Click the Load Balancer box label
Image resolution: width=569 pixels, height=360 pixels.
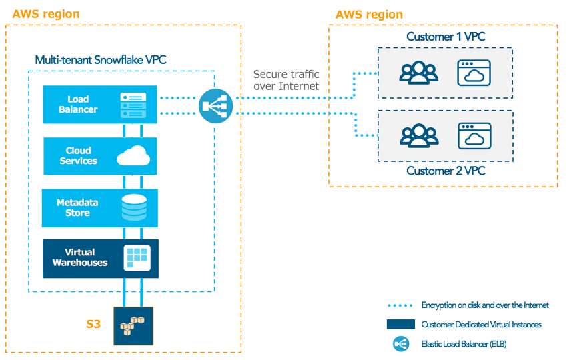(x=78, y=105)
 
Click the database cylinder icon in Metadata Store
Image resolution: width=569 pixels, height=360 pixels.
(x=134, y=208)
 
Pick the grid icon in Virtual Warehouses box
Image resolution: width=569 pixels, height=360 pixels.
(x=137, y=258)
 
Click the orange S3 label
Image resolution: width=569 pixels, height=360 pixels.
(x=93, y=325)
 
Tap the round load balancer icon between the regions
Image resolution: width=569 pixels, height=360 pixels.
(x=215, y=105)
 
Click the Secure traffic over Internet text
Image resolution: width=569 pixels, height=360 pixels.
(x=286, y=80)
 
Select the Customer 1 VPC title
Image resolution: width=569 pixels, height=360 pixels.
(x=446, y=37)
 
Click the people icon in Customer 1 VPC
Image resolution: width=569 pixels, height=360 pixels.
(x=418, y=72)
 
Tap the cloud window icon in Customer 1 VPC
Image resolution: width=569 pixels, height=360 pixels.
(x=474, y=72)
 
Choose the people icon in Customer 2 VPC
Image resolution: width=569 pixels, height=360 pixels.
(x=418, y=135)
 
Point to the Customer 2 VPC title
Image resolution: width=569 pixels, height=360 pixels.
(x=446, y=171)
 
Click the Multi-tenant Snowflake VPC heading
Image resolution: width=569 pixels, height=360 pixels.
(x=101, y=60)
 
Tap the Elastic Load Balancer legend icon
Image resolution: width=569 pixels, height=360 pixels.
(x=401, y=344)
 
